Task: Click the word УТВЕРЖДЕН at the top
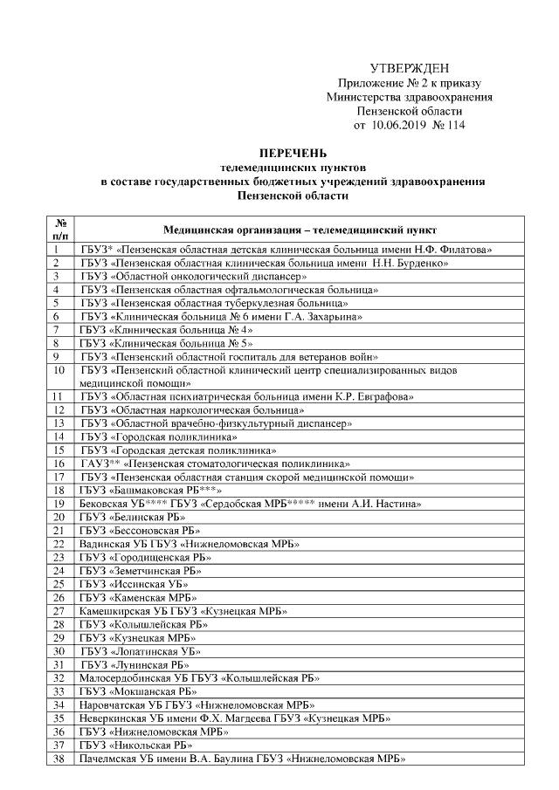410,68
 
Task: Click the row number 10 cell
60,376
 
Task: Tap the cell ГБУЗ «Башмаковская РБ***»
154,491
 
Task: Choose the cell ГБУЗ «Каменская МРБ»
138,598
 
